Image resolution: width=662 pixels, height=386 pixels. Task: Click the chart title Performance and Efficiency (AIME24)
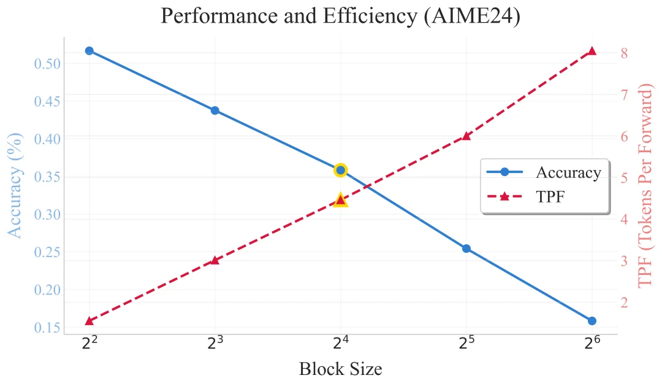pos(340,16)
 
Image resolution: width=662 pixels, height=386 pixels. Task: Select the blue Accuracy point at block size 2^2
pos(89,51)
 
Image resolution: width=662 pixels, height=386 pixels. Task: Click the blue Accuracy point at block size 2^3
pos(215,110)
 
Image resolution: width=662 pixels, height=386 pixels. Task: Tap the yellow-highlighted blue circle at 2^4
pos(341,170)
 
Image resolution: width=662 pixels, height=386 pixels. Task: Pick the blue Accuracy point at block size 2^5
pos(466,249)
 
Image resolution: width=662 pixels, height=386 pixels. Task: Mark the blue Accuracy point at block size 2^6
pos(592,321)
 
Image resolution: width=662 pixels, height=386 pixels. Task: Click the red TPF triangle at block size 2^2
pos(89,321)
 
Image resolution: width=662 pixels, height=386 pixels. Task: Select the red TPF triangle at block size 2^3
pos(215,260)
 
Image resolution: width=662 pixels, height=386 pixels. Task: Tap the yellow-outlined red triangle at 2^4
pos(341,200)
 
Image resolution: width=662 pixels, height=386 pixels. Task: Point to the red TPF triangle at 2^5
pos(466,136)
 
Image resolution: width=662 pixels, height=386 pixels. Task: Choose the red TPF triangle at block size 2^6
pos(592,51)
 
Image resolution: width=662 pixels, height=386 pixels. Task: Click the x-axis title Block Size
pos(340,369)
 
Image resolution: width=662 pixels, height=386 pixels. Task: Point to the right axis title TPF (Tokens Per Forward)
pos(646,187)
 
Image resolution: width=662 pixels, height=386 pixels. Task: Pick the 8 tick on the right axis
pos(623,53)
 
